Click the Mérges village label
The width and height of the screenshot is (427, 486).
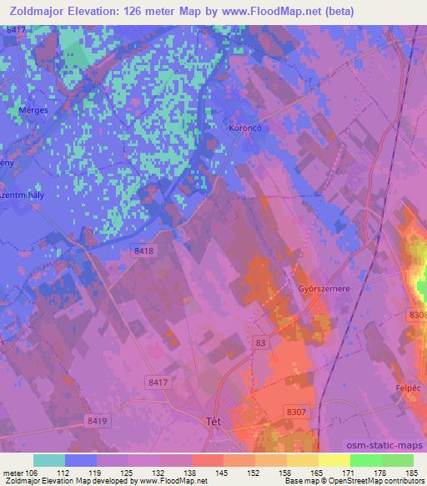point(33,132)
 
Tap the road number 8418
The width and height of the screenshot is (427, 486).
point(143,250)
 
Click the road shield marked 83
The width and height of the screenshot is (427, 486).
point(262,342)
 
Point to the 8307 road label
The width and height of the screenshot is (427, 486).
point(296,412)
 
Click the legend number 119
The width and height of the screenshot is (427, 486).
point(80,472)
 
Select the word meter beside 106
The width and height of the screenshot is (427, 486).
point(15,472)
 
